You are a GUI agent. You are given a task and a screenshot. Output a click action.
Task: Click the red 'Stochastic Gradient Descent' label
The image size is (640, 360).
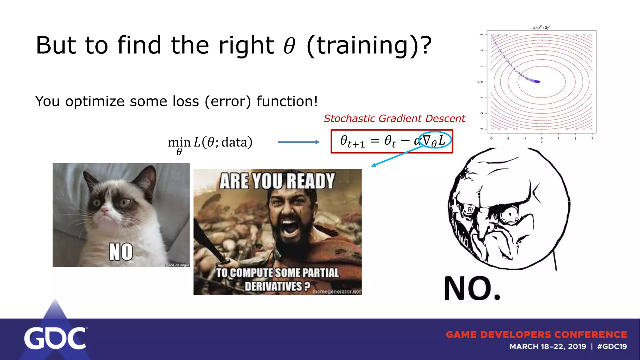[x=394, y=118]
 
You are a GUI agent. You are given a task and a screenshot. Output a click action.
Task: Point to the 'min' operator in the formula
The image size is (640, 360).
[x=179, y=142]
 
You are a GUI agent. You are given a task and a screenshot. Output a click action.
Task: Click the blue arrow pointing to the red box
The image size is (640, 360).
[x=298, y=142]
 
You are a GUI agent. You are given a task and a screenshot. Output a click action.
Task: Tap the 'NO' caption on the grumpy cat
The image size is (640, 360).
[x=121, y=252]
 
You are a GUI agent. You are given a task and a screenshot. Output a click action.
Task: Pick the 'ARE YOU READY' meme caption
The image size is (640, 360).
[x=277, y=181]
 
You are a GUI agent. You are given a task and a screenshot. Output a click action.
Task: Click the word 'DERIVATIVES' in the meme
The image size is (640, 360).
[x=274, y=286]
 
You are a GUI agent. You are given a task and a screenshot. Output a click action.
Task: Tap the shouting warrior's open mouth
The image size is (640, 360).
[x=290, y=227]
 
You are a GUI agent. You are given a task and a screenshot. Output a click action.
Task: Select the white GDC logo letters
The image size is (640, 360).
[x=55, y=338]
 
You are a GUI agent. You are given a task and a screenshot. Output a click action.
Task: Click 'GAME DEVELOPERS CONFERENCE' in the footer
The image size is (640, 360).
[x=536, y=334]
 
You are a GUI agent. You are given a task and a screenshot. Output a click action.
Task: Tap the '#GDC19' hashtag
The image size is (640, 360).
[x=612, y=347]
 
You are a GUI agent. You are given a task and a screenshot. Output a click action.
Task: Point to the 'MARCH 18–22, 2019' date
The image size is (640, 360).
[x=548, y=347]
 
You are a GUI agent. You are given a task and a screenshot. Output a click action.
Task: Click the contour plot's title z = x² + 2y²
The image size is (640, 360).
[x=542, y=27]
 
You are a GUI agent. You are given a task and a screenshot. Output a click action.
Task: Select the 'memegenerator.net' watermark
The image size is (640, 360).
[x=337, y=292]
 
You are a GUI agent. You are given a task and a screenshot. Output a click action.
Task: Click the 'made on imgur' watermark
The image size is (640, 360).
[x=177, y=265]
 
